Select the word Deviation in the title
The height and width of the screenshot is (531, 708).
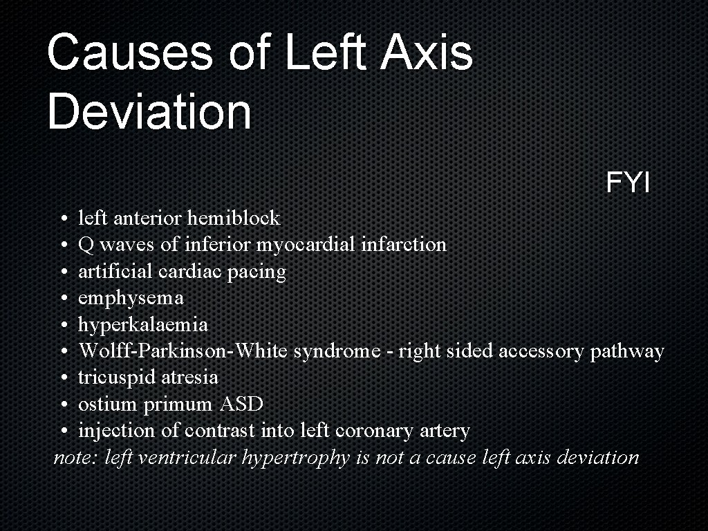[x=149, y=112]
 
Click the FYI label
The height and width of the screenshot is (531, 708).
[x=628, y=183]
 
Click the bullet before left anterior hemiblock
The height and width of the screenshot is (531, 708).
[x=63, y=219]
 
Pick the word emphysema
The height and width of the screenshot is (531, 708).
[x=131, y=299]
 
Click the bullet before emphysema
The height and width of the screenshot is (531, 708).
[x=63, y=299]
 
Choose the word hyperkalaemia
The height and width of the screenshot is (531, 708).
[x=142, y=325]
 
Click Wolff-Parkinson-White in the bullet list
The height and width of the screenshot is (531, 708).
[x=183, y=351]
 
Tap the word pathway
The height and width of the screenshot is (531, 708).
[x=626, y=351]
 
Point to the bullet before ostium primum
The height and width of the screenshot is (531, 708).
[x=63, y=404]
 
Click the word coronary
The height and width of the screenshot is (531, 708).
[x=374, y=431]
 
